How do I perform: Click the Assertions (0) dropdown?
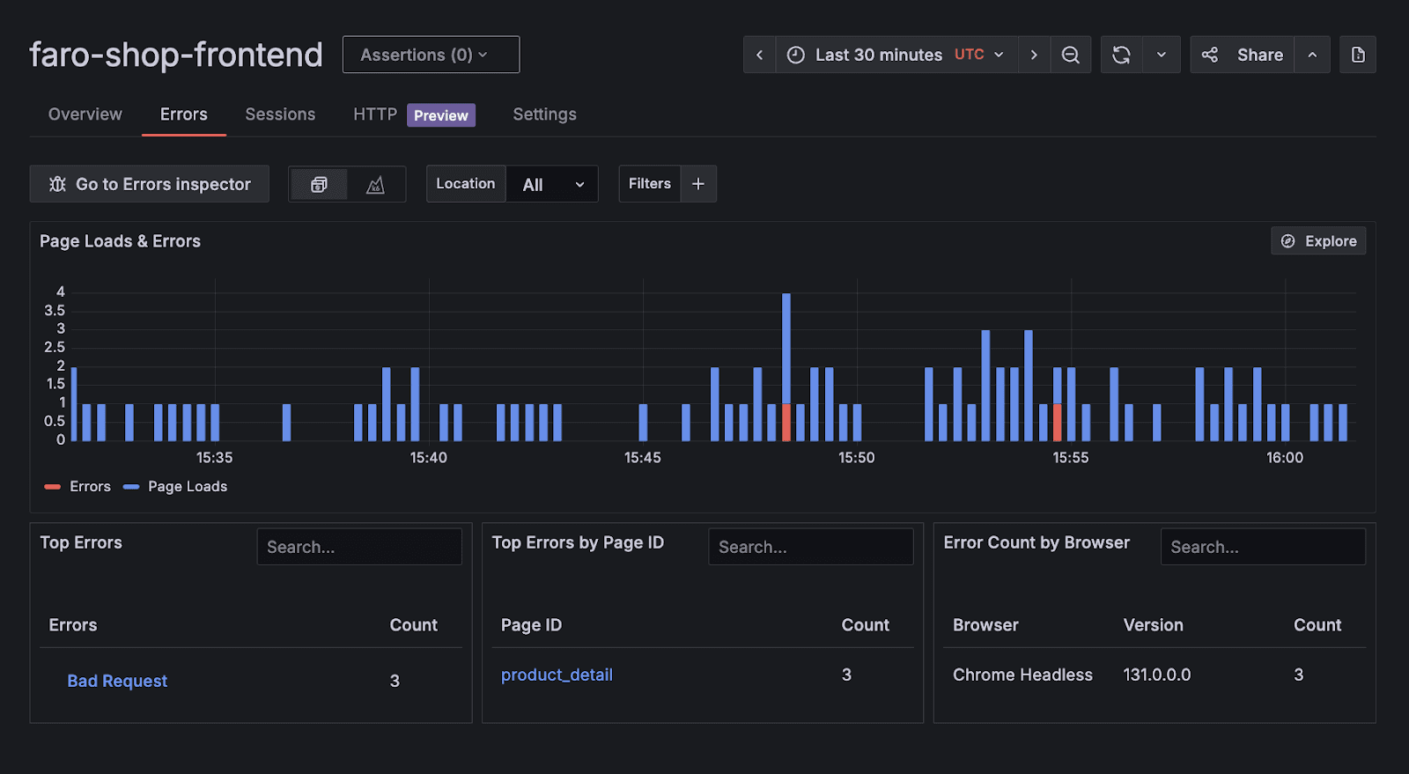tap(431, 55)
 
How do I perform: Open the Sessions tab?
tap(280, 114)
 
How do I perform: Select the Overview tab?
tap(85, 114)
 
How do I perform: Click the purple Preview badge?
tap(440, 115)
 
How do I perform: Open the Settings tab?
tap(544, 114)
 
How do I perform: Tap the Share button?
tap(1243, 55)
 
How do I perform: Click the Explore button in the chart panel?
tap(1318, 241)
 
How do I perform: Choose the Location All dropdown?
tap(551, 184)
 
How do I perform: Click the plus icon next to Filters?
tap(698, 184)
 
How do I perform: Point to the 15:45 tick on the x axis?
tap(643, 458)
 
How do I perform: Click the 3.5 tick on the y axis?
tap(55, 311)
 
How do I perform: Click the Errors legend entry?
tap(78, 487)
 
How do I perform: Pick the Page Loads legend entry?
tap(176, 487)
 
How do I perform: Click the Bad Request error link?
tap(117, 681)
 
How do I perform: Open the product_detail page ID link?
tap(557, 675)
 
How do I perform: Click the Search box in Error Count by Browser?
tap(1262, 547)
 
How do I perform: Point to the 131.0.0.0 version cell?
tap(1156, 675)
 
